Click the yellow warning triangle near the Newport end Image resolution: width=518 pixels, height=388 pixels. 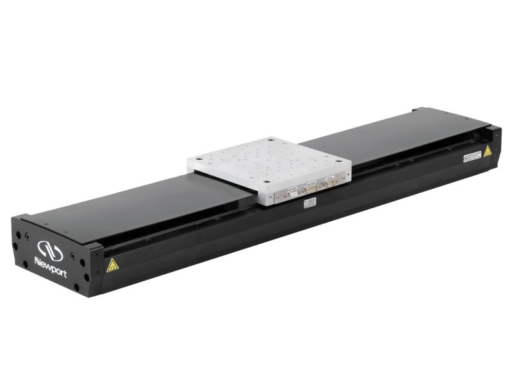click(111, 264)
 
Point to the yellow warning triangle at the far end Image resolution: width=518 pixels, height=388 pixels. click(487, 151)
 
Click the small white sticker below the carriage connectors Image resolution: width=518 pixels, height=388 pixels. click(309, 204)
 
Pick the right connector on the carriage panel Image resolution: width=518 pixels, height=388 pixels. click(330, 182)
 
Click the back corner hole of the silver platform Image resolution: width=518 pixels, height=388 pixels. click(268, 139)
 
